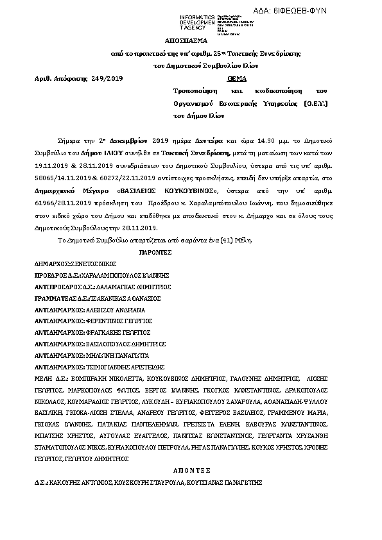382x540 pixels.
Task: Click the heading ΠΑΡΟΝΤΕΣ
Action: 157,252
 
